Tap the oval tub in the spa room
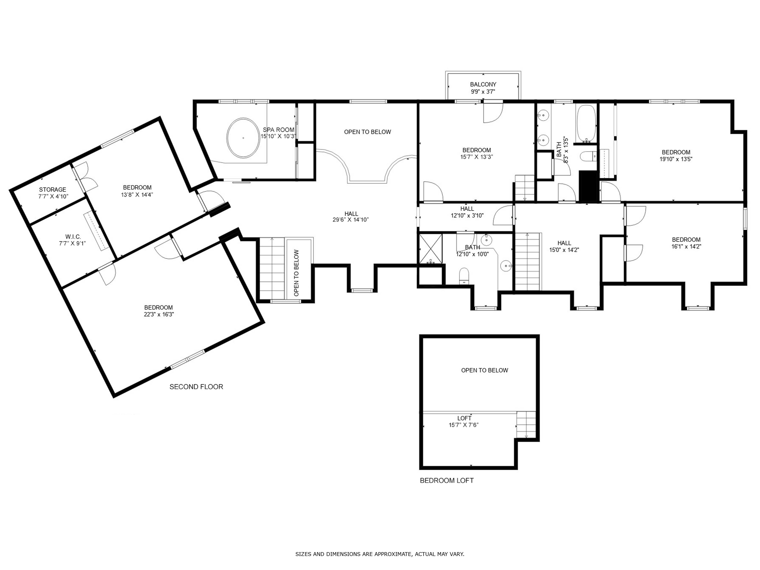pyautogui.click(x=243, y=138)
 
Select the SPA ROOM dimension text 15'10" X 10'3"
pyautogui.click(x=278, y=136)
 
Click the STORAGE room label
pyautogui.click(x=52, y=190)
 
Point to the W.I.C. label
pyautogui.click(x=73, y=237)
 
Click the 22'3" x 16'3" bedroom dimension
pyautogui.click(x=159, y=314)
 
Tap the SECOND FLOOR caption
pyautogui.click(x=196, y=387)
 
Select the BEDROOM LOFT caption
pyautogui.click(x=447, y=481)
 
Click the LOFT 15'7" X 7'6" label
pyautogui.click(x=464, y=422)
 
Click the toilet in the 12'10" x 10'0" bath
pyautogui.click(x=464, y=277)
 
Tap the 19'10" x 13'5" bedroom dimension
pyautogui.click(x=676, y=159)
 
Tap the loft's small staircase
pyautogui.click(x=526, y=424)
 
